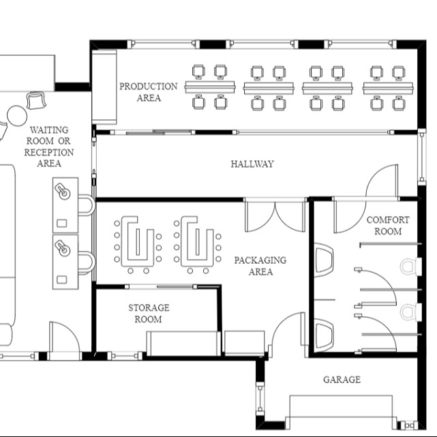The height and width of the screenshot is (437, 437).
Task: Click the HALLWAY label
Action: pos(252,164)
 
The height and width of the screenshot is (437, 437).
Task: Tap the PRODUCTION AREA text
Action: pos(148,92)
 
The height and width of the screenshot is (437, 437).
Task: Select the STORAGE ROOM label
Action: pos(149,314)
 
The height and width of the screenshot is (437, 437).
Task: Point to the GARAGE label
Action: pos(342,379)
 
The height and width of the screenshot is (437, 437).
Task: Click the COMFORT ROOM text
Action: pos(388,226)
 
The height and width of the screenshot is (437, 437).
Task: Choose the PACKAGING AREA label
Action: pos(260,266)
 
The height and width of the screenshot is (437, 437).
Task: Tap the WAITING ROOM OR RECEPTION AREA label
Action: pos(49,147)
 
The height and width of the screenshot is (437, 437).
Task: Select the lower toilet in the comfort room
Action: pos(408,312)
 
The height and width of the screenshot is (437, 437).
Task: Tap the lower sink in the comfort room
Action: pos(325,334)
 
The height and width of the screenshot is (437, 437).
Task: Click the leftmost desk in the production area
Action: pos(209,87)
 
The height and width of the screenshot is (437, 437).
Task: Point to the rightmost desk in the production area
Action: pos(387,87)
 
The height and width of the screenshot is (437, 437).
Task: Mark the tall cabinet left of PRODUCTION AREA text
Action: pos(105,86)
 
